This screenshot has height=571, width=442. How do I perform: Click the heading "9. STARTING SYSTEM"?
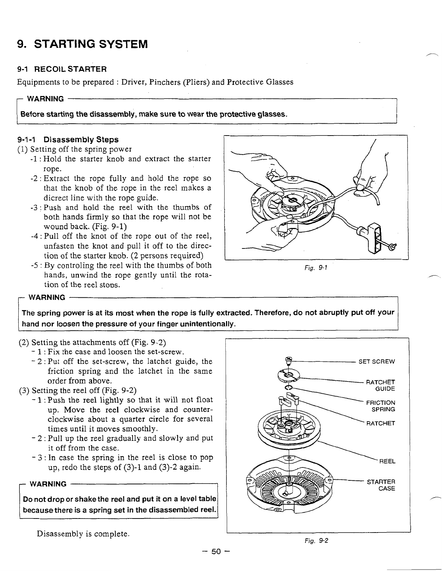83,45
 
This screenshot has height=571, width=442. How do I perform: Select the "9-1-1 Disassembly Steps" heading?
68,139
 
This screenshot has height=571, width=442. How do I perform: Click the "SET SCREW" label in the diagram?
377,361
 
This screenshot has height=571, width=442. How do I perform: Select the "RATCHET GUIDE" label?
380,385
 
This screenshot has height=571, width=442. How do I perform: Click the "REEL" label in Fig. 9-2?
387,461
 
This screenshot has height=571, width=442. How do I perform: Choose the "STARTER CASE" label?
381,485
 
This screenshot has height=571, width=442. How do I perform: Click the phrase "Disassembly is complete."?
83,533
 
